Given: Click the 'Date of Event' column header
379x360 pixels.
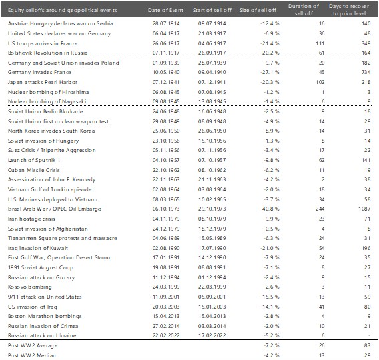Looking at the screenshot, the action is tap(165, 10).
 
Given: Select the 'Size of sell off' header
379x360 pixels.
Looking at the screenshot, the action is tap(258, 10).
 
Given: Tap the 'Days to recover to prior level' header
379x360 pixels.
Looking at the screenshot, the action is tap(349, 9).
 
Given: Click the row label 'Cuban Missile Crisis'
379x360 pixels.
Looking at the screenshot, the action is tap(33, 170).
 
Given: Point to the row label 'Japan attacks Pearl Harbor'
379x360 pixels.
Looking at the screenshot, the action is tap(43, 82).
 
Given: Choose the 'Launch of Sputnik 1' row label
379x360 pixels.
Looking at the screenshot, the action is tap(34, 160).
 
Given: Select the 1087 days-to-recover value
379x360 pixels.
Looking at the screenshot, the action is tap(364, 209).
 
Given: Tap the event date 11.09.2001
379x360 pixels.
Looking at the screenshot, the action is tap(166, 297).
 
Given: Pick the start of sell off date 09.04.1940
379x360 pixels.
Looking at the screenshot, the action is tap(212, 72).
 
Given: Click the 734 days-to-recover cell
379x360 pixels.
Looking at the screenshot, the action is tap(366, 72).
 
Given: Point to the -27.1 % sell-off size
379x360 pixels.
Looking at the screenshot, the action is tap(270, 72).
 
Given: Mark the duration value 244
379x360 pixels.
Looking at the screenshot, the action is tap(320, 209).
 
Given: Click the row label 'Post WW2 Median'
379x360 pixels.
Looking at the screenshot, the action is tap(31, 355).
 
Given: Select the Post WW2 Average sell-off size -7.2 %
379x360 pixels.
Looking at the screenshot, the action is tap(271, 345).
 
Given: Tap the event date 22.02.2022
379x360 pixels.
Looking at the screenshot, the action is tap(166, 335).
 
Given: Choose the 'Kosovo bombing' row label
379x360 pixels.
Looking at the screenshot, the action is tap(30, 287).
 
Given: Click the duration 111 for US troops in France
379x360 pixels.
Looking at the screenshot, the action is tap(320, 43).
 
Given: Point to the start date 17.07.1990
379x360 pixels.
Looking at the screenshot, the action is tap(212, 248).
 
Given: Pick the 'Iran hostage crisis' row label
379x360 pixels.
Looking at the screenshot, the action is tap(31, 219).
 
